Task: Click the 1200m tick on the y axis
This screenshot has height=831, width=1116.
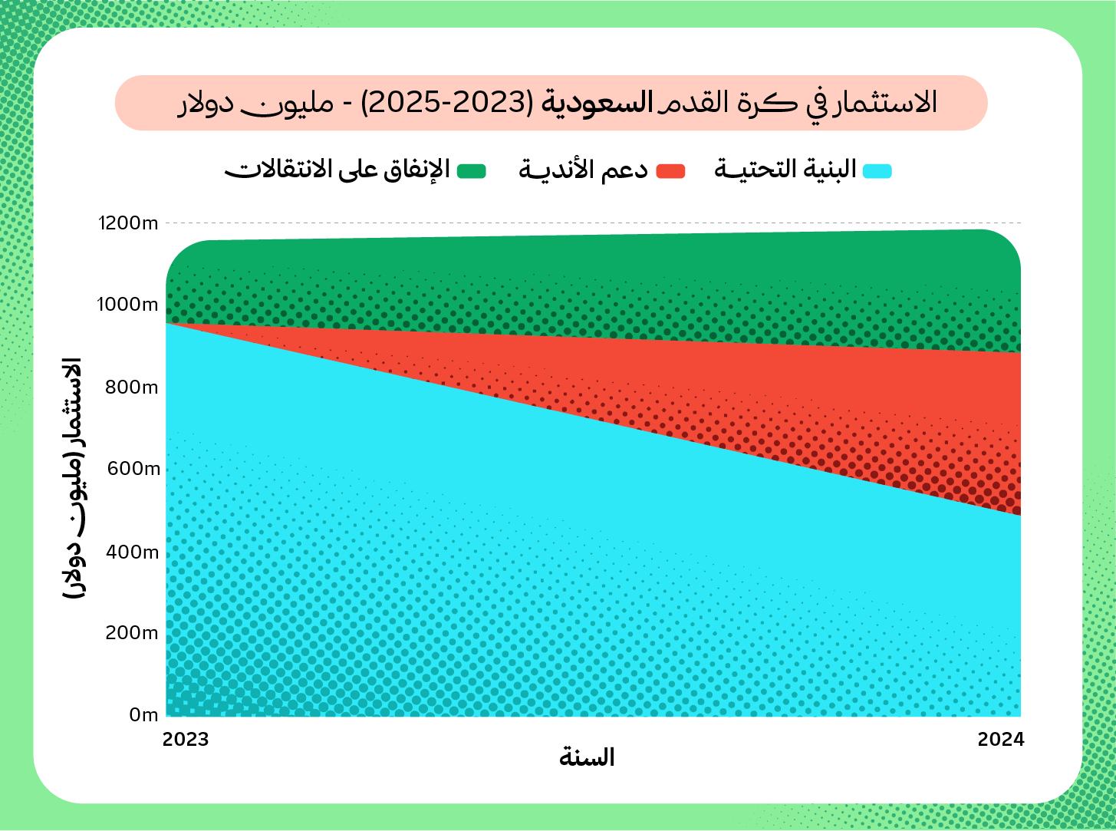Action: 128,223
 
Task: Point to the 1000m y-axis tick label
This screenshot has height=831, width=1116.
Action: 127,305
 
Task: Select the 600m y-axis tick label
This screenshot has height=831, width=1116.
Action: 132,469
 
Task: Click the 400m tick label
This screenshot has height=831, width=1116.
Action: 132,552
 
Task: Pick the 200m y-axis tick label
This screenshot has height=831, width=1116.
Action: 132,633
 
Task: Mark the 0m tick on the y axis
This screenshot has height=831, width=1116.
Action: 143,715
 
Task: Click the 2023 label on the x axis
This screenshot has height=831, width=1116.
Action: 186,739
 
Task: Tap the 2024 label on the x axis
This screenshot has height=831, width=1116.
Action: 1000,739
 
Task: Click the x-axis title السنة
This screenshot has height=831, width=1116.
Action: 587,758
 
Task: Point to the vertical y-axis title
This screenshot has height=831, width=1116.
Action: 73,480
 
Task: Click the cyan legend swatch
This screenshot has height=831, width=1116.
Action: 877,170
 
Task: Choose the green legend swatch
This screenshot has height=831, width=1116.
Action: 472,170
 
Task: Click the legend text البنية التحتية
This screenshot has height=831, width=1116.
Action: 785,170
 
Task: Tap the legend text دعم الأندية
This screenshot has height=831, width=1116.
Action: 583,170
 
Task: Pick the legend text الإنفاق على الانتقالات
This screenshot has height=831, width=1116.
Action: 337,170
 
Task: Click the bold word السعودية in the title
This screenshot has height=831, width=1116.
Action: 598,103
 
